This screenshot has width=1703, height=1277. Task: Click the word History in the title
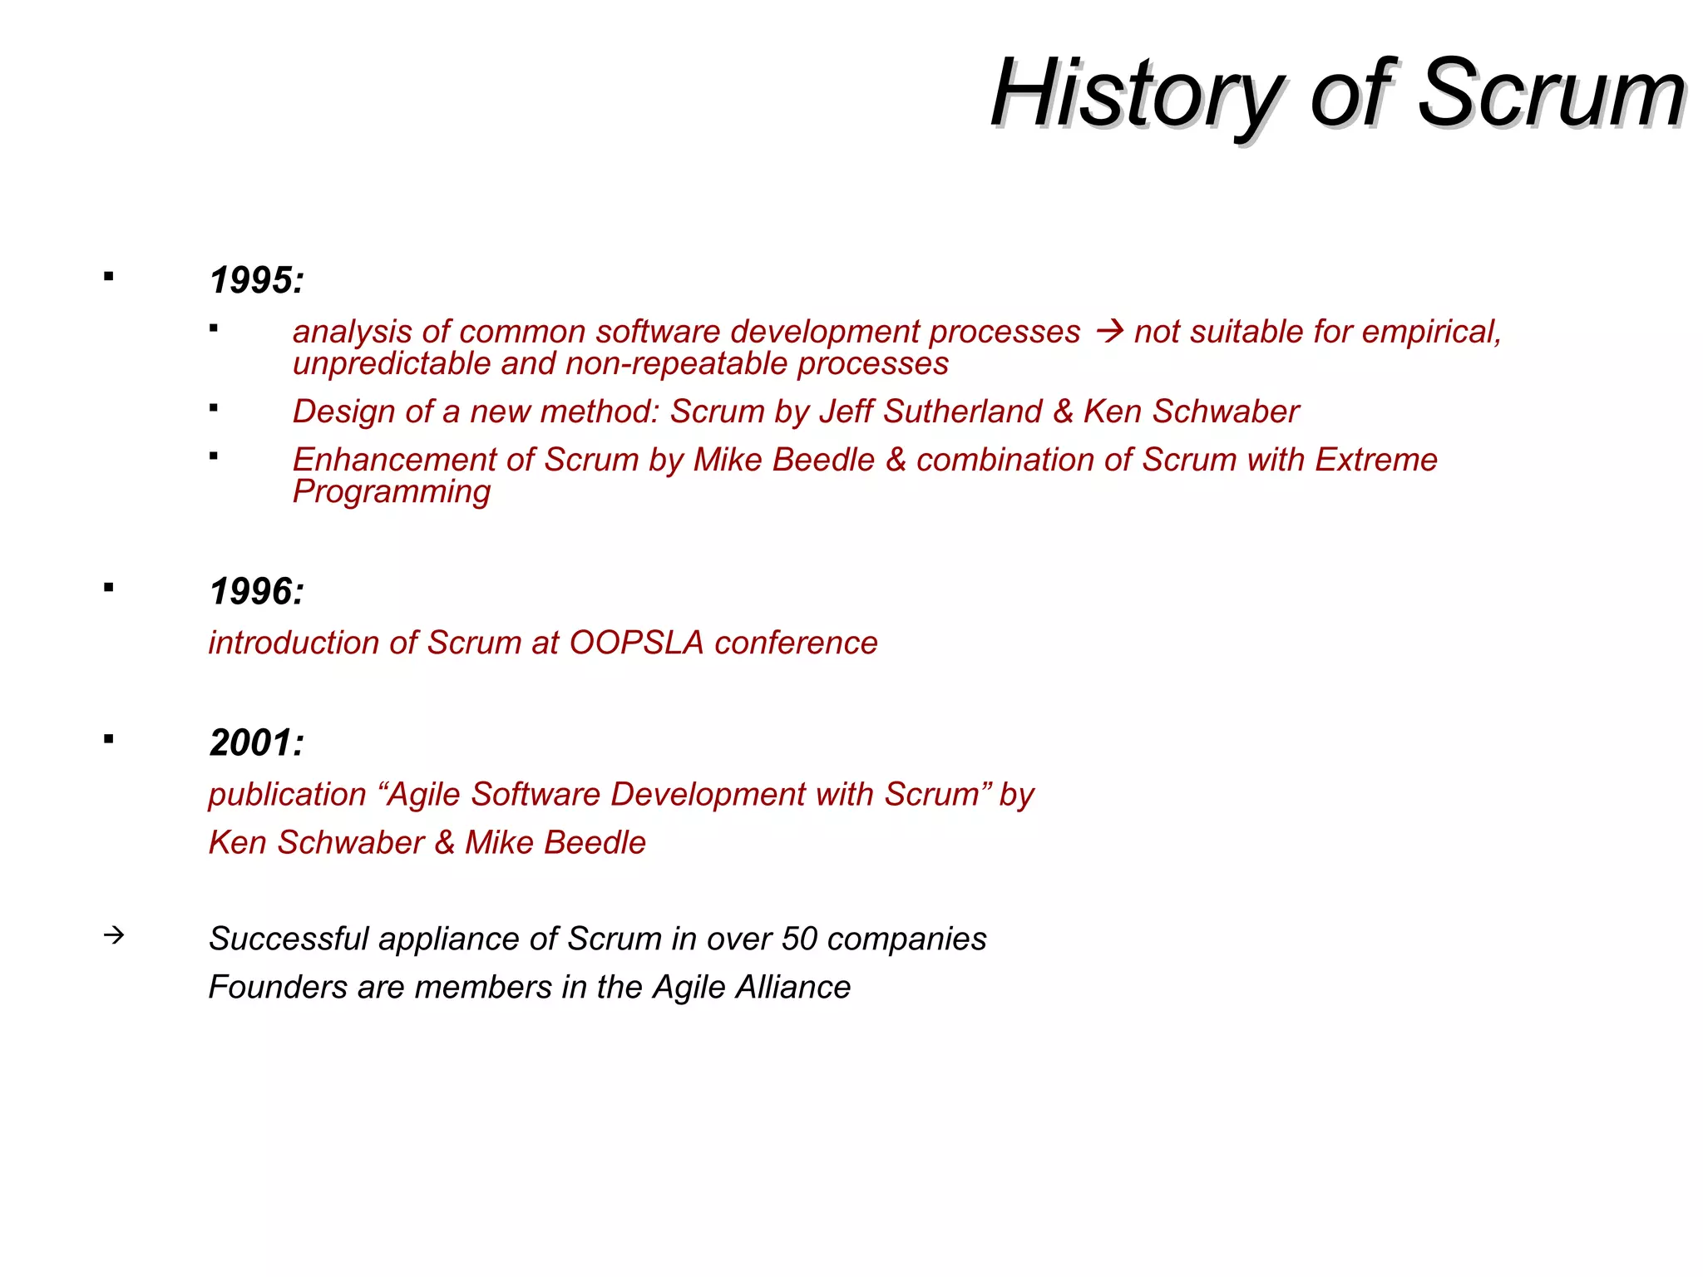(x=1136, y=94)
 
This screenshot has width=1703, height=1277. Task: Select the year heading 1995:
(x=256, y=280)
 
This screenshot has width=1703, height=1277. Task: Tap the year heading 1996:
(x=256, y=592)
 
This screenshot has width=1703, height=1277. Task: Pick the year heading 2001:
(x=256, y=743)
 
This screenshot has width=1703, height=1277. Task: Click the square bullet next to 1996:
(x=109, y=588)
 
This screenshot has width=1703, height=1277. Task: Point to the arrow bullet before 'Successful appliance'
(x=114, y=935)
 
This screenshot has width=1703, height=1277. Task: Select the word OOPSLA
(x=636, y=643)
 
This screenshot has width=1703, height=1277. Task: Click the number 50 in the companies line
(x=799, y=939)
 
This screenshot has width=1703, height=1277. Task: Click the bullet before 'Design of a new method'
(x=214, y=407)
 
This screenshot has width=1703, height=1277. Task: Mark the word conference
(x=796, y=643)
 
